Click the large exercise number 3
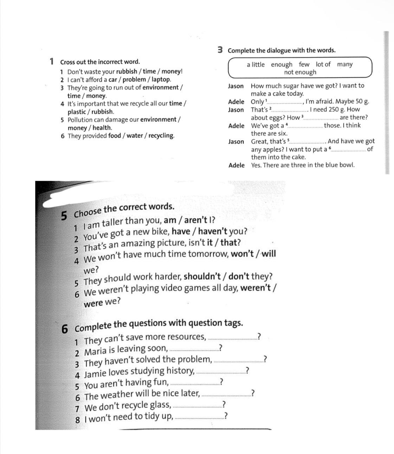click(x=220, y=50)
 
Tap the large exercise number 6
click(x=65, y=329)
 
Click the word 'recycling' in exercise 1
click(x=161, y=136)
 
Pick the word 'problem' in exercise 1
click(x=134, y=79)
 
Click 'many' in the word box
click(x=344, y=64)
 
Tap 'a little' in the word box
click(x=256, y=64)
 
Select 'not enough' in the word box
click(x=300, y=72)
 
